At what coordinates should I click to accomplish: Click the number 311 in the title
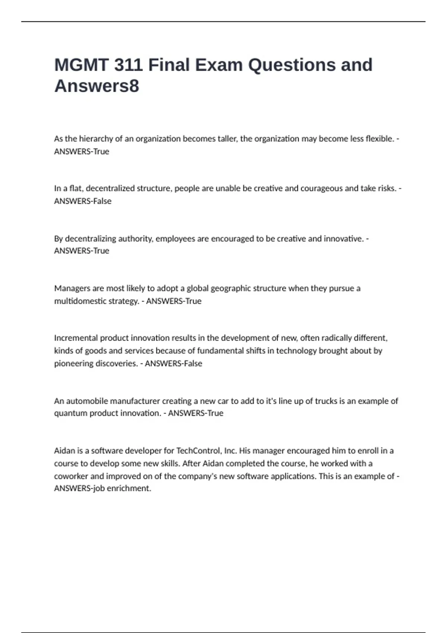coord(128,65)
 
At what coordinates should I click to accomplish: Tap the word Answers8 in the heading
coord(97,86)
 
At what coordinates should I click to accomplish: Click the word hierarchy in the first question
coord(96,139)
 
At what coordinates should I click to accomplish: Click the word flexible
coord(380,139)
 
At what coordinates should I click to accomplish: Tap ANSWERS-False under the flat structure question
coord(83,201)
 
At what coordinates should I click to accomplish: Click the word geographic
coord(231,288)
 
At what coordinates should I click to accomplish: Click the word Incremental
coord(76,338)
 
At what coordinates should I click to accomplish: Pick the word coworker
coord(72,476)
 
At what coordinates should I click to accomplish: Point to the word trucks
coord(326,401)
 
